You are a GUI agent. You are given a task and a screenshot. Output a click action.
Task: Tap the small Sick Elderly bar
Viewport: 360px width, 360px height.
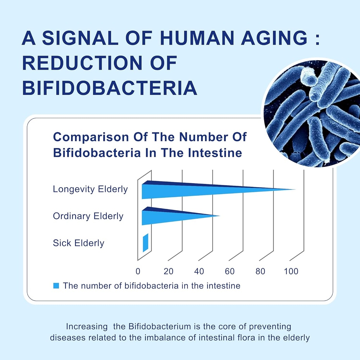point(145,243)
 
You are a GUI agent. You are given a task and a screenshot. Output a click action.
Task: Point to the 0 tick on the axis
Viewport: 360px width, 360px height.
point(138,271)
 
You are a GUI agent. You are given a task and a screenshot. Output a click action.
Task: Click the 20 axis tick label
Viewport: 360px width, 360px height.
point(168,271)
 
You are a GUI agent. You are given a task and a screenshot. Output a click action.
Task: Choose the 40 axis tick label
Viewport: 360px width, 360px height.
point(199,271)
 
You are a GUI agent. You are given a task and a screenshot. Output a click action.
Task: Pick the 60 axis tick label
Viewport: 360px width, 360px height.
point(230,271)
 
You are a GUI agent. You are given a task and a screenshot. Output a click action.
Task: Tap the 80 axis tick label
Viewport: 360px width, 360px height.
point(260,271)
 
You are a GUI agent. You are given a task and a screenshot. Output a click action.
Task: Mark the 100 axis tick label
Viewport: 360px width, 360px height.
point(291,271)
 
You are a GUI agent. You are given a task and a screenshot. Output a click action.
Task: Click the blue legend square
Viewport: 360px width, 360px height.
point(56,285)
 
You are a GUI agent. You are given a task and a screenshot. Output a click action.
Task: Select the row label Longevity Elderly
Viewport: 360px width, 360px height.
point(90,189)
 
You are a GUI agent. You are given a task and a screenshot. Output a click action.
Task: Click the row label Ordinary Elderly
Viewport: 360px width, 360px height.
point(88,216)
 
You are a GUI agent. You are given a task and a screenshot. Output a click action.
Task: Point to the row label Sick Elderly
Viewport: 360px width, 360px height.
point(78,243)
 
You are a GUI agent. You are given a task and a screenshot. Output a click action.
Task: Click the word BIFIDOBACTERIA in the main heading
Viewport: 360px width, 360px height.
point(109,88)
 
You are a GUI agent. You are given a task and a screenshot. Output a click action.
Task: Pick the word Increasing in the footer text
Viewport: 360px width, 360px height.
point(87,326)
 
